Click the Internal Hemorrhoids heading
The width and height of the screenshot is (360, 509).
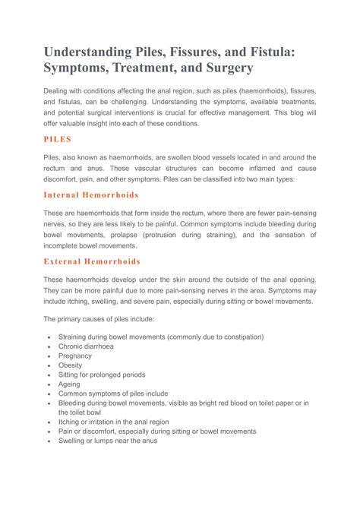(91, 195)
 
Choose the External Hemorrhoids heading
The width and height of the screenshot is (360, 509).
(92, 261)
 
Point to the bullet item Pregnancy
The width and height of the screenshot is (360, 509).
(75, 356)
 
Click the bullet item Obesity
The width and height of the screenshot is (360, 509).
(71, 365)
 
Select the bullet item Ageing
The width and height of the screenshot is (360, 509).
(70, 384)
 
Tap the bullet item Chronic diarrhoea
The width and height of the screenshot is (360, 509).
(88, 346)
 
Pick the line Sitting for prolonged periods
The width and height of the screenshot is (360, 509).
(102, 375)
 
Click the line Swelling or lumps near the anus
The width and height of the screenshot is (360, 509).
(107, 441)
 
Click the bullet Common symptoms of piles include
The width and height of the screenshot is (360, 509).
(113, 394)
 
